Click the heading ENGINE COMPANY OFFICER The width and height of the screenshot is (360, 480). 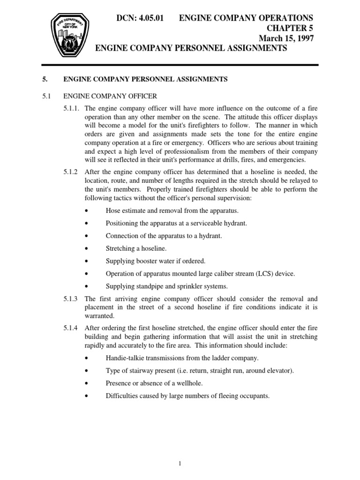pos(110,96)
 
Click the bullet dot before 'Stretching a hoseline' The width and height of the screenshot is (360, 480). pos(88,248)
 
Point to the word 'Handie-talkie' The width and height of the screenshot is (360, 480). pos(124,358)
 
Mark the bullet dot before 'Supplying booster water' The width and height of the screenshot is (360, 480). pos(88,261)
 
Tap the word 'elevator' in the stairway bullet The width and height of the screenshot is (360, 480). pos(278,371)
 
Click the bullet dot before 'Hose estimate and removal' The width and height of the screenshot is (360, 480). pos(88,210)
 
